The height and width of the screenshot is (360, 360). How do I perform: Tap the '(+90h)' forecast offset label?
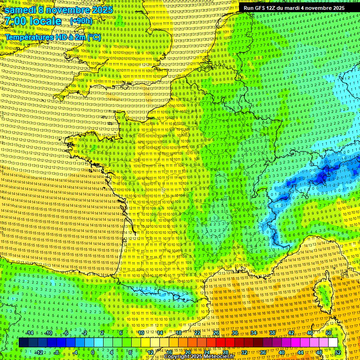tap(81, 21)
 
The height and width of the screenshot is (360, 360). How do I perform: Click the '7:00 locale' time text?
tap(33, 21)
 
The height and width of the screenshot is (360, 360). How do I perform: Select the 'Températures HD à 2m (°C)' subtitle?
tap(53, 37)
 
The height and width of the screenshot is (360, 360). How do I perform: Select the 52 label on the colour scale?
tap(338, 352)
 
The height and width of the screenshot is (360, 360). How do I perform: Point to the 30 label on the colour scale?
tap(234, 332)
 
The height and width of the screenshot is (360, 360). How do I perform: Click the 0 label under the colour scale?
tap(93, 352)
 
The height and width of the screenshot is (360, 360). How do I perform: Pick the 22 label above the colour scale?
tap(197, 332)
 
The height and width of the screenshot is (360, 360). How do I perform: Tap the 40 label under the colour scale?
tap(281, 352)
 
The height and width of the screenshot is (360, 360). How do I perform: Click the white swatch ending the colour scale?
tap(333, 343)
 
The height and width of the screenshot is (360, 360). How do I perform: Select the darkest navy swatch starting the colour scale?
tap(23, 343)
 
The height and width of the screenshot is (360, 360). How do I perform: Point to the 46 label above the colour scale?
tap(310, 332)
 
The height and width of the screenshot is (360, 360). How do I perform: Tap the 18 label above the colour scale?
tap(179, 332)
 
